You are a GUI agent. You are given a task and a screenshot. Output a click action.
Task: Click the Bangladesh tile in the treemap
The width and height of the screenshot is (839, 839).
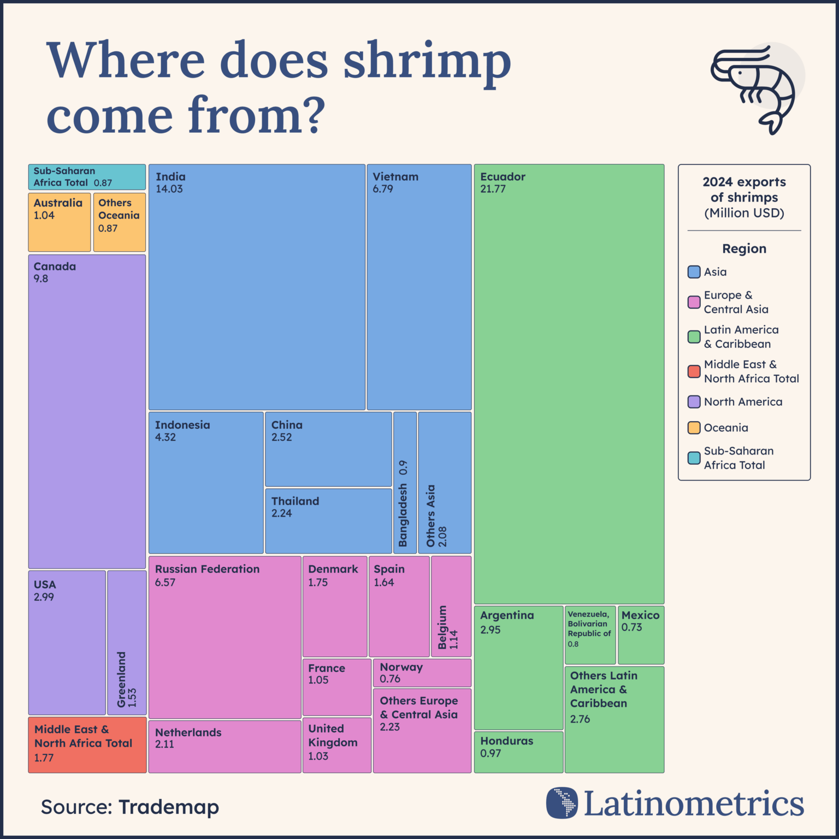pyautogui.click(x=405, y=483)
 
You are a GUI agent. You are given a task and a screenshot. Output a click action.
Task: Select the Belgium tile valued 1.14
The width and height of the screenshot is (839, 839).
pyautogui.click(x=451, y=606)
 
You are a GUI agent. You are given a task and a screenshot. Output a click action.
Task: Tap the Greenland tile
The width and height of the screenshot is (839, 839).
pyautogui.click(x=127, y=642)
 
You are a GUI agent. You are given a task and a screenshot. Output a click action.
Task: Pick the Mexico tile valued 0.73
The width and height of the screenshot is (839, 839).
pyautogui.click(x=641, y=635)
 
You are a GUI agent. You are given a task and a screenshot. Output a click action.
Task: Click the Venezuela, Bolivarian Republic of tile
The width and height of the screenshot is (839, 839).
pyautogui.click(x=590, y=635)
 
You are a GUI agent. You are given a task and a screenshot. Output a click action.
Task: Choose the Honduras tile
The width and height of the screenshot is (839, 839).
pyautogui.click(x=518, y=752)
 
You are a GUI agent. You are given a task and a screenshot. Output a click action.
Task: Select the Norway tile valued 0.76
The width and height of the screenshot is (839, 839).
pyautogui.click(x=422, y=673)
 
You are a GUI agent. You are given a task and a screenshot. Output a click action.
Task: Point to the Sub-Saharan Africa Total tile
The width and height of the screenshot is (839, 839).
pyautogui.click(x=87, y=177)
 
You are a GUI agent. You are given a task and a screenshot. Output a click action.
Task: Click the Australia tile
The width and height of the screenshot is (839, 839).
pyautogui.click(x=59, y=222)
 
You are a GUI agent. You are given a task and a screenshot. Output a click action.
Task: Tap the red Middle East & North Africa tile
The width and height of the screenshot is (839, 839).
pyautogui.click(x=87, y=745)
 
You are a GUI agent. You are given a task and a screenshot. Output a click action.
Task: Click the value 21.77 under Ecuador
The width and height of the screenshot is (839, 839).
pyautogui.click(x=493, y=189)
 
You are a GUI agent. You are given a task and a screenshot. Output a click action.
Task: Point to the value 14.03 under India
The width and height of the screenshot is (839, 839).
pyautogui.click(x=169, y=189)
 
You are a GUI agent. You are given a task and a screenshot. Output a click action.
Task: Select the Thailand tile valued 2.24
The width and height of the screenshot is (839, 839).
pyautogui.click(x=328, y=521)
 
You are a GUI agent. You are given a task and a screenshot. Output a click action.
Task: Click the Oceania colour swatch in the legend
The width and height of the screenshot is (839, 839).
pyautogui.click(x=694, y=428)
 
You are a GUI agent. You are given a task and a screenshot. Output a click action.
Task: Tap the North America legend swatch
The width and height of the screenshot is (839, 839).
pyautogui.click(x=694, y=402)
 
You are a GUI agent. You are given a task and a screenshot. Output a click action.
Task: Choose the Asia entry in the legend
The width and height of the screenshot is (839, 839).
pyautogui.click(x=714, y=272)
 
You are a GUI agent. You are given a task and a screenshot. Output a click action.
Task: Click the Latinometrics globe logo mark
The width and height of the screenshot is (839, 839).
pyautogui.click(x=562, y=803)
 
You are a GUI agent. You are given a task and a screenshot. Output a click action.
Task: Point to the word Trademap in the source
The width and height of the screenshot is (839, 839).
pyautogui.click(x=168, y=807)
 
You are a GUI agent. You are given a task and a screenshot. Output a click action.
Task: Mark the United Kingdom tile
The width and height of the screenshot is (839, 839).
pyautogui.click(x=336, y=745)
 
